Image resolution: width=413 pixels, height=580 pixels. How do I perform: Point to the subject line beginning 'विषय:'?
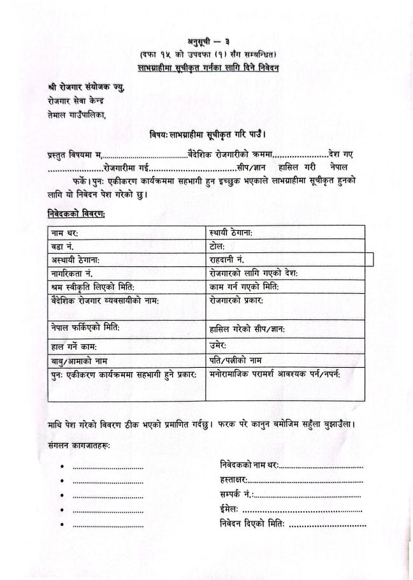click(x=207, y=134)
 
